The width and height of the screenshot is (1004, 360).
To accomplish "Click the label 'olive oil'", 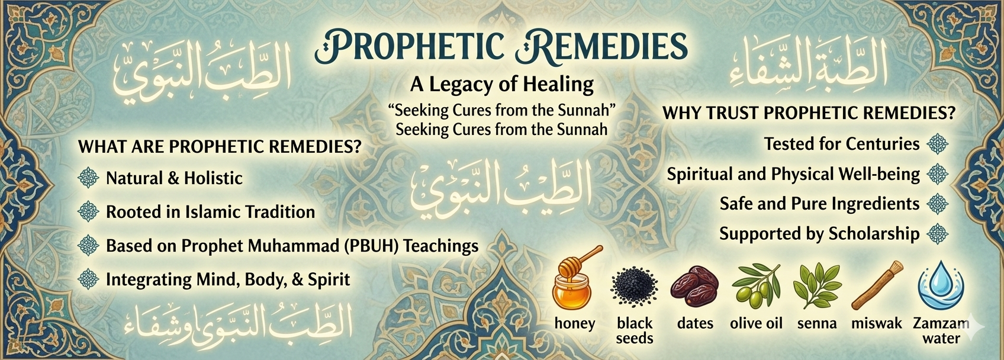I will click(756, 323).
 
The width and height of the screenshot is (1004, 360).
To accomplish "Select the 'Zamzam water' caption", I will click(941, 330).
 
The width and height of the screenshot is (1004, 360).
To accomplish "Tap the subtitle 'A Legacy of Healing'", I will click(502, 84).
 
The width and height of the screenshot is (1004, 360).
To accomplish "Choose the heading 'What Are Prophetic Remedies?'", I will click(220, 146).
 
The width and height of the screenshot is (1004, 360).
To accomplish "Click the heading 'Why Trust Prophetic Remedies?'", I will click(809, 113).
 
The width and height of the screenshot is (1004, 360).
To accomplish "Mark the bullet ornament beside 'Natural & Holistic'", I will click(88, 178).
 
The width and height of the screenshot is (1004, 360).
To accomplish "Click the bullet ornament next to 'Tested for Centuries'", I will click(937, 144).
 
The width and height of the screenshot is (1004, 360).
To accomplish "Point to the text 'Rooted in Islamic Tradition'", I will click(210, 212).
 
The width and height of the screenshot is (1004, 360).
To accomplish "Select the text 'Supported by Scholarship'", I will click(819, 234).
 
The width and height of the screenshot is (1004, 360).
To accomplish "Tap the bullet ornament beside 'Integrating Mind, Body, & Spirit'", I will click(88, 279).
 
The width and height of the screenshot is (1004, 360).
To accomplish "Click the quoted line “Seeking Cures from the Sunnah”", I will click(502, 110).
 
